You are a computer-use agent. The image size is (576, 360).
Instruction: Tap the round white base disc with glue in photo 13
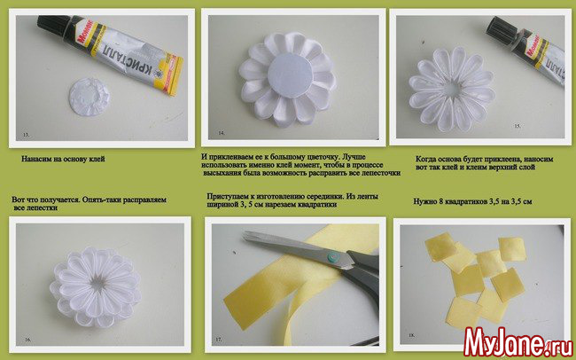(90, 97)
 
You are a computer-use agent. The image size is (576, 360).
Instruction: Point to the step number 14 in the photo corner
(222, 133)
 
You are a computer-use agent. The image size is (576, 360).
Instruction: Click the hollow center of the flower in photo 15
(453, 89)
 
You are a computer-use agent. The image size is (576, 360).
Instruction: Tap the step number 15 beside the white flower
(518, 126)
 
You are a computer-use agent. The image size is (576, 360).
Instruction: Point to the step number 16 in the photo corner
(28, 340)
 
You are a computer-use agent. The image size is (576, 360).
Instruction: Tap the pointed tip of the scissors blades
(245, 233)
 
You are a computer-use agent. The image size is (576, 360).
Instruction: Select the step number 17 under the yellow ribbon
(219, 340)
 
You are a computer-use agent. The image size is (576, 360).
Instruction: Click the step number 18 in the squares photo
(411, 335)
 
